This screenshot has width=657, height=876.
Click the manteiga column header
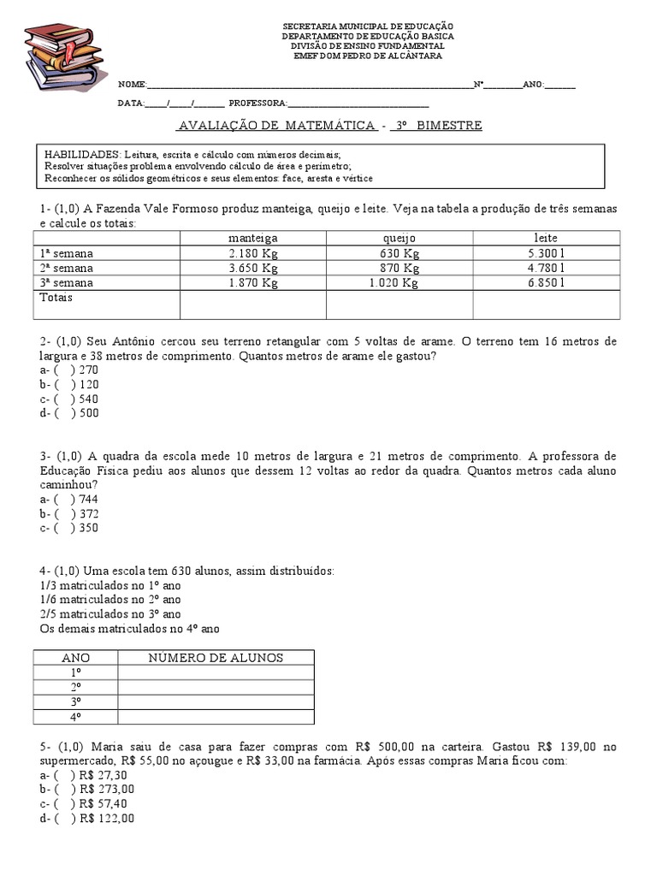coord(253,238)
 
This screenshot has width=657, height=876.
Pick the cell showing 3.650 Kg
coord(253,268)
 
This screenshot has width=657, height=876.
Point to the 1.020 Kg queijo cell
coord(394,283)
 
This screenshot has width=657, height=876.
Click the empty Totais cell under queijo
coord(400,304)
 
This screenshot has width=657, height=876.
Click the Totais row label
coord(56,298)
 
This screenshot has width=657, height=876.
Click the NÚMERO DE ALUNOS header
coord(216,658)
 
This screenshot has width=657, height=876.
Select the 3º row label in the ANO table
coord(75,701)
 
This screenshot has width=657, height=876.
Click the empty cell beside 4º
coord(216,717)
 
